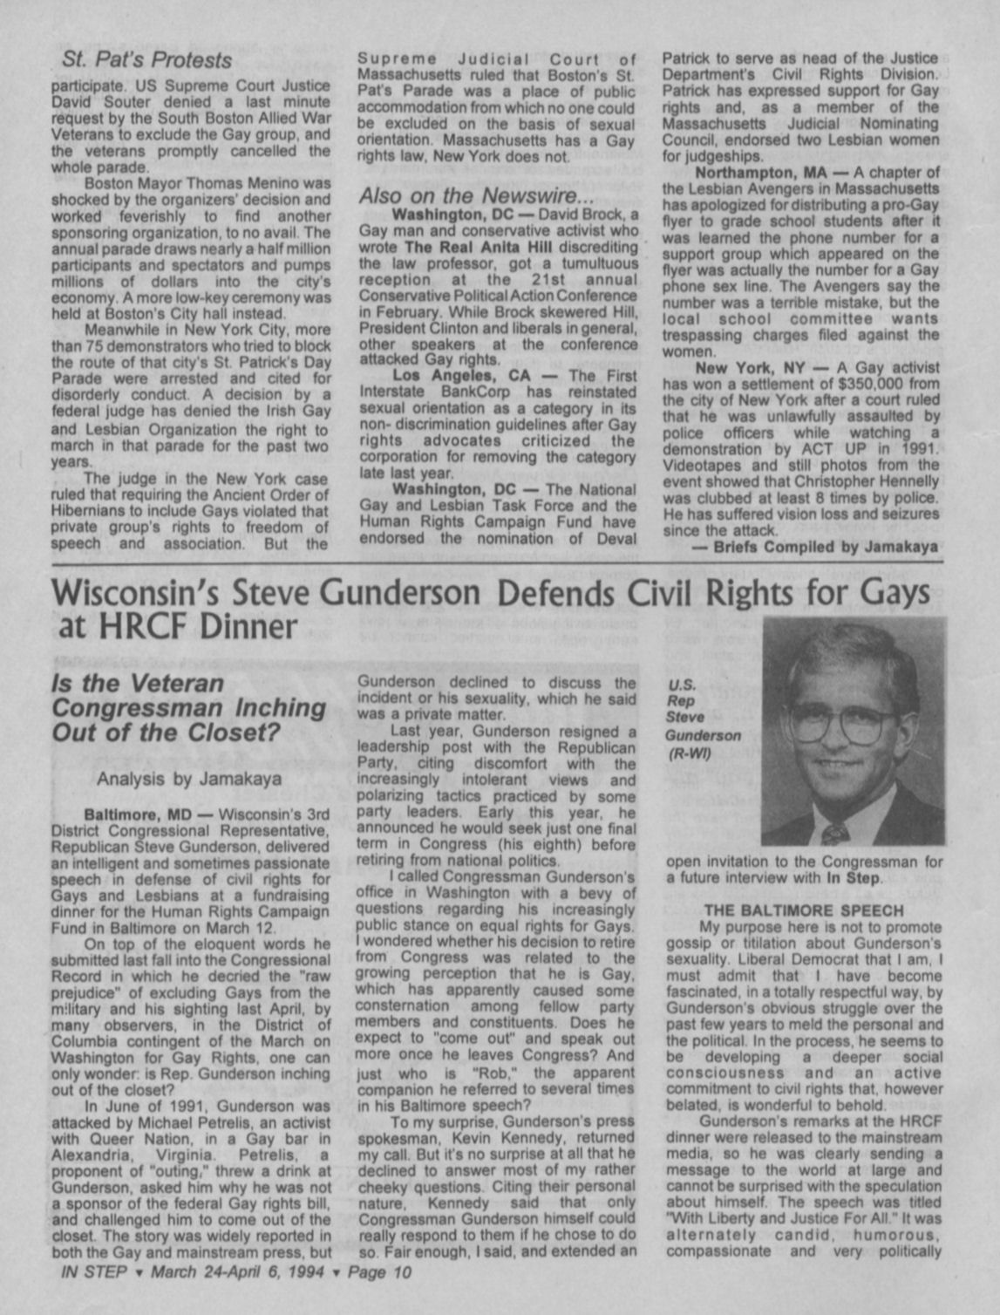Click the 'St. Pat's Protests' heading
tap(147, 60)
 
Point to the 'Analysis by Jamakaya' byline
tap(189, 779)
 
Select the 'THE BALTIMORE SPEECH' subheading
tap(803, 910)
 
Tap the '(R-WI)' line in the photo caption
tap(690, 753)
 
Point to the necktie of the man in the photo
tap(834, 833)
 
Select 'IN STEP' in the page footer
tap(94, 1271)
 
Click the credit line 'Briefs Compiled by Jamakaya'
tap(826, 548)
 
